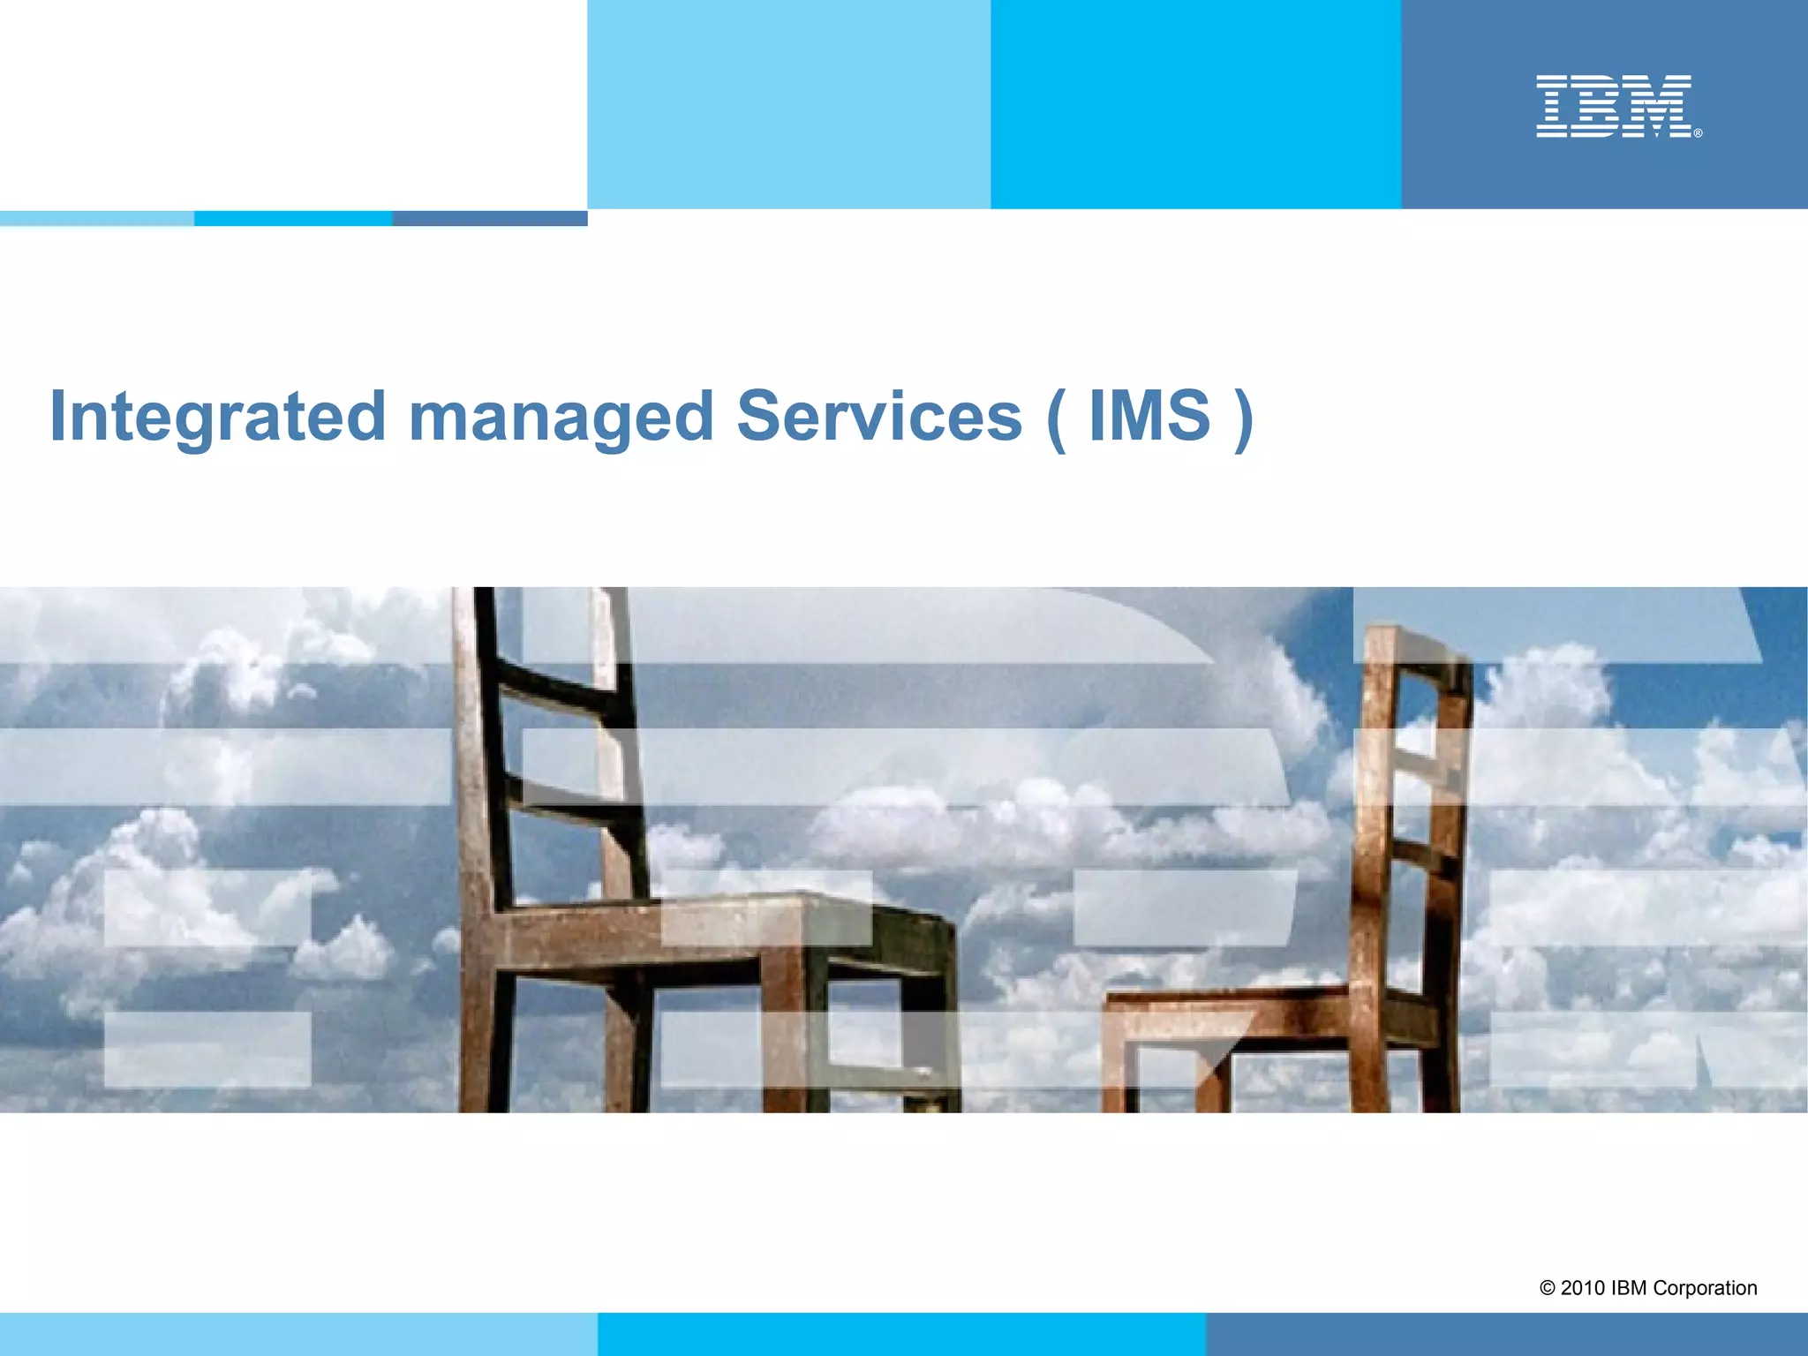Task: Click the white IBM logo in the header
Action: (x=1614, y=106)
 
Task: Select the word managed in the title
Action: (x=561, y=417)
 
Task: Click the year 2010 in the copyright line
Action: (x=1583, y=1288)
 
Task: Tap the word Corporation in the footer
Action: (x=1705, y=1288)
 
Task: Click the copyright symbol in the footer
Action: (x=1548, y=1289)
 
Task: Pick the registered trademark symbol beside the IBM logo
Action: (x=1698, y=133)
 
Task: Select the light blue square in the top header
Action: (x=788, y=104)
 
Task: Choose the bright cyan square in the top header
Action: (x=1195, y=104)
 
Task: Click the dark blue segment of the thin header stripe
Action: (x=490, y=218)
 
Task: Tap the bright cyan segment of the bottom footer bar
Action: (x=901, y=1334)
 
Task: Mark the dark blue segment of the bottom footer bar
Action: (x=1507, y=1334)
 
